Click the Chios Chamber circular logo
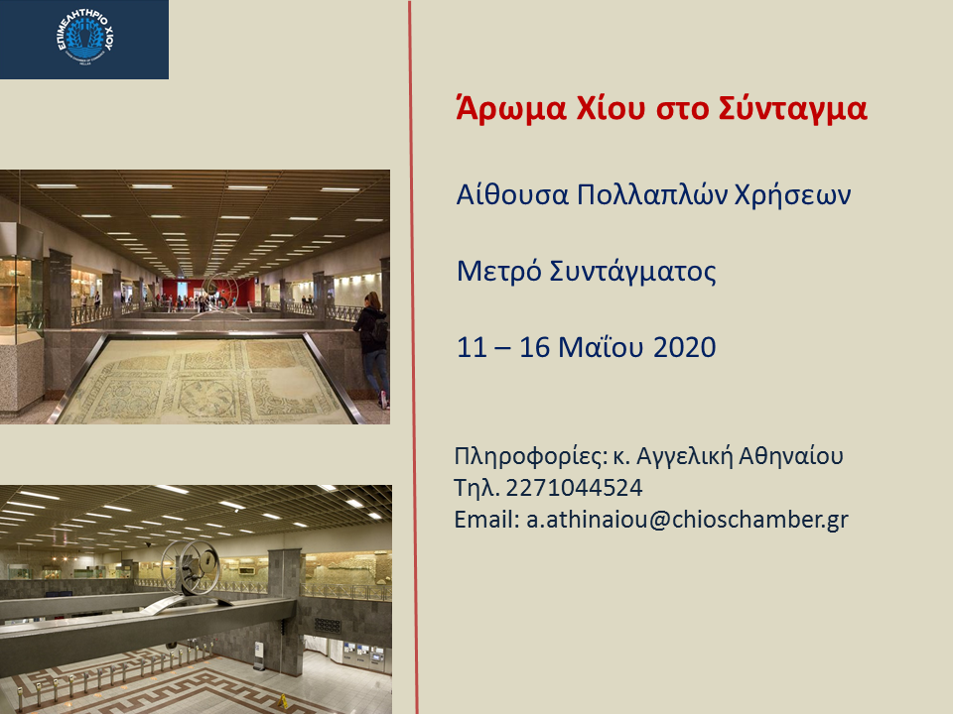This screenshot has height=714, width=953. [85, 37]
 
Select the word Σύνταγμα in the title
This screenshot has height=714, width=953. [792, 109]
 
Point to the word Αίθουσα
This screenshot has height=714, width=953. [512, 194]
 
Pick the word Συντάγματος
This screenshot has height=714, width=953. [632, 272]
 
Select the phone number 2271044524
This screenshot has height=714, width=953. [574, 488]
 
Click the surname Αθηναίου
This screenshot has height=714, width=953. [791, 455]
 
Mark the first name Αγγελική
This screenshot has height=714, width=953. [683, 456]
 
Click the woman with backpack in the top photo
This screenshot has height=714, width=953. [372, 346]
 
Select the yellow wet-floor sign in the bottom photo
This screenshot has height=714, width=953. [282, 701]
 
